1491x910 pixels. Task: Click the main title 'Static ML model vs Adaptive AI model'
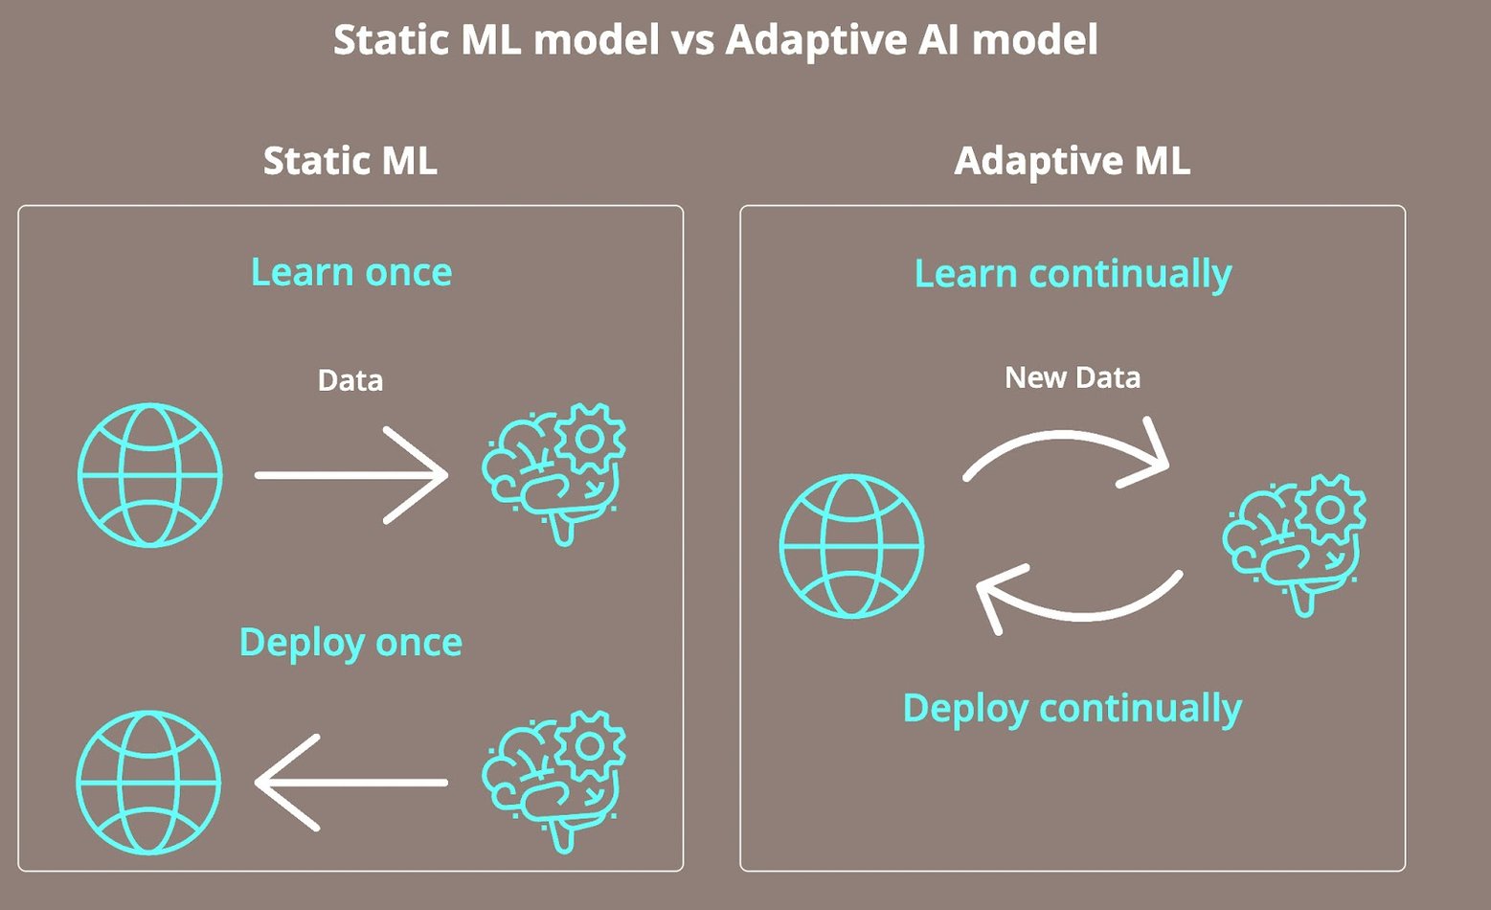(x=715, y=40)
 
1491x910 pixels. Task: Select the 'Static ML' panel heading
(x=350, y=160)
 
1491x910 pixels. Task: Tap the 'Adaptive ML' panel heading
(x=1072, y=160)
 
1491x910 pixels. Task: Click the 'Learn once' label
(x=350, y=272)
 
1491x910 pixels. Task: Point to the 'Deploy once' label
(x=350, y=642)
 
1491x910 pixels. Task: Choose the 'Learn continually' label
(x=1073, y=274)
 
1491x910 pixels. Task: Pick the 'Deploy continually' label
(x=1072, y=709)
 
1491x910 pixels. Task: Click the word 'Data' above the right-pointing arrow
(x=350, y=380)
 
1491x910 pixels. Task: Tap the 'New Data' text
(x=1072, y=377)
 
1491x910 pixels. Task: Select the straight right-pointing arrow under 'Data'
(x=351, y=474)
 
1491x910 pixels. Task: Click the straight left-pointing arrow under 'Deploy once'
(x=351, y=782)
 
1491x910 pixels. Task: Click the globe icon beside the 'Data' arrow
(x=150, y=475)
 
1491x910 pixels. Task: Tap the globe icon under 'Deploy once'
(x=149, y=782)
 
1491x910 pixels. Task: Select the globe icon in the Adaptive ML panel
(x=851, y=546)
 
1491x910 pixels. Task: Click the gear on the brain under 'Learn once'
(x=590, y=438)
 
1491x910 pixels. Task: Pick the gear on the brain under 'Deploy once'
(x=590, y=744)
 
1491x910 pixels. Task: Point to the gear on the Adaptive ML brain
(x=1330, y=509)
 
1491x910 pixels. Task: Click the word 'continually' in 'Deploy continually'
(x=1140, y=709)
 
